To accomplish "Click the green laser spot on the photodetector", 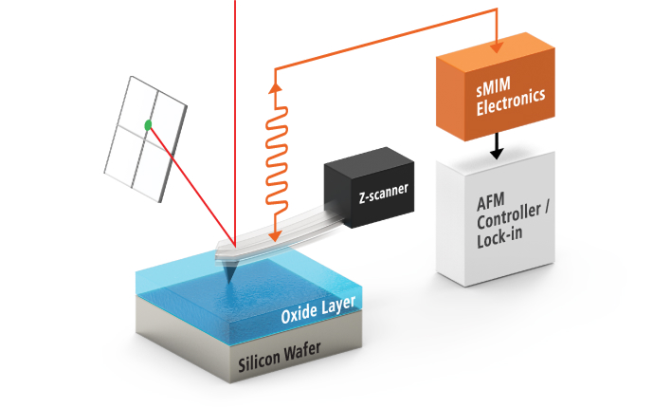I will (148, 124).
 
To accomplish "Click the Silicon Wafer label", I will (279, 355).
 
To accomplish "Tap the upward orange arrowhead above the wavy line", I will (276, 86).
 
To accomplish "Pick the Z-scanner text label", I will (384, 193).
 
